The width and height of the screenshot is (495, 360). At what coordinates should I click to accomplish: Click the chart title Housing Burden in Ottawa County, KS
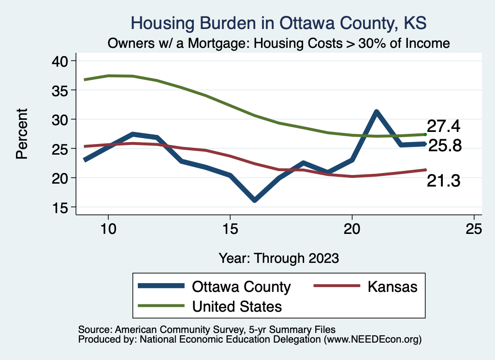[279, 23]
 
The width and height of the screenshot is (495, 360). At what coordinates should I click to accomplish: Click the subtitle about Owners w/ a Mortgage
[279, 43]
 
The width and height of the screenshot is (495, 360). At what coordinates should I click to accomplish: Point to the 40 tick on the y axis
[63, 61]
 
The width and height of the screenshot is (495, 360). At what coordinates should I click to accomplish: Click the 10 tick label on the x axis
[108, 230]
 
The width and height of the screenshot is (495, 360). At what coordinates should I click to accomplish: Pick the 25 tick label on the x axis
[474, 230]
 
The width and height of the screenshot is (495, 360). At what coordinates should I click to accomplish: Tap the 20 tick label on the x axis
[352, 230]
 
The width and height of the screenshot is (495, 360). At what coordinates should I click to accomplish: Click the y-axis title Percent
[21, 134]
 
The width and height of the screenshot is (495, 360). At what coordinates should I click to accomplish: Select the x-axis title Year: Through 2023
[279, 258]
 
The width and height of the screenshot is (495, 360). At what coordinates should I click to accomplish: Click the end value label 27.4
[443, 127]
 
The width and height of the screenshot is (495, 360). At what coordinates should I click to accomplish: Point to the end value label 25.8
[445, 145]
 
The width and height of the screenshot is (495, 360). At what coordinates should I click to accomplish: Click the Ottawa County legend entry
[241, 287]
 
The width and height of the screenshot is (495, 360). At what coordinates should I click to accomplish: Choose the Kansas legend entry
[392, 287]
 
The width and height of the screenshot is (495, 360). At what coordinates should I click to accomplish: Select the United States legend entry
[236, 306]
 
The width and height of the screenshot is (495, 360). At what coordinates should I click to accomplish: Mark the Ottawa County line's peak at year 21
[376, 112]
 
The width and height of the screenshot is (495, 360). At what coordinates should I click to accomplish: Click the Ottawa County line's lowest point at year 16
[254, 200]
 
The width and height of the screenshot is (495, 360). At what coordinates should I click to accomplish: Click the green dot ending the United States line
[425, 134]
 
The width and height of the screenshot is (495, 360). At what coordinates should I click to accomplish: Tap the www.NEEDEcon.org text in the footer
[372, 340]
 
